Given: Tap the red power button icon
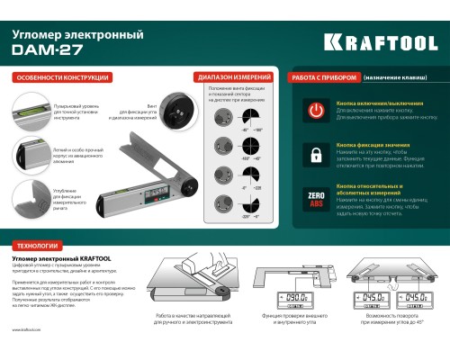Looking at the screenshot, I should (x=316, y=112).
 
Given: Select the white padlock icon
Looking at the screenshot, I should (x=316, y=155).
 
